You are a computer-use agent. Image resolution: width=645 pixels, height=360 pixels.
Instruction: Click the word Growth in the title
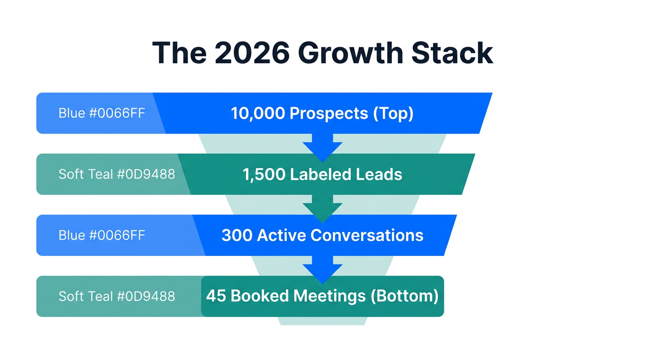tap(351, 53)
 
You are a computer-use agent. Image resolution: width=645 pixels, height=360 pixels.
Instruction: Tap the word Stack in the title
tap(452, 53)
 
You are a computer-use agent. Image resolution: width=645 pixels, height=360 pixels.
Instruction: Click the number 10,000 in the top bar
tap(258, 113)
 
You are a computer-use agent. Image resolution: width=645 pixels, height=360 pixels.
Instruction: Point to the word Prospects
tap(329, 113)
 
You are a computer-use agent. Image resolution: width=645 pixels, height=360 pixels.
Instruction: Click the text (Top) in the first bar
tap(393, 113)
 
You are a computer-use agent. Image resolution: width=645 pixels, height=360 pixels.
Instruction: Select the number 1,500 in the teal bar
tap(263, 174)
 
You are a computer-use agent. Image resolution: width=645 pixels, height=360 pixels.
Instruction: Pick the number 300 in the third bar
tap(237, 235)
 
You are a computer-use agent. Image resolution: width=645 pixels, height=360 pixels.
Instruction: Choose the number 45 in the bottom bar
tap(216, 296)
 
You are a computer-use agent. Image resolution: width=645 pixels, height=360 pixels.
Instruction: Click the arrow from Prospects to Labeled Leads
tap(322, 147)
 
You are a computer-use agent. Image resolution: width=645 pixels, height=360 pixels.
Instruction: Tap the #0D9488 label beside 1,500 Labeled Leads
tap(146, 174)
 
